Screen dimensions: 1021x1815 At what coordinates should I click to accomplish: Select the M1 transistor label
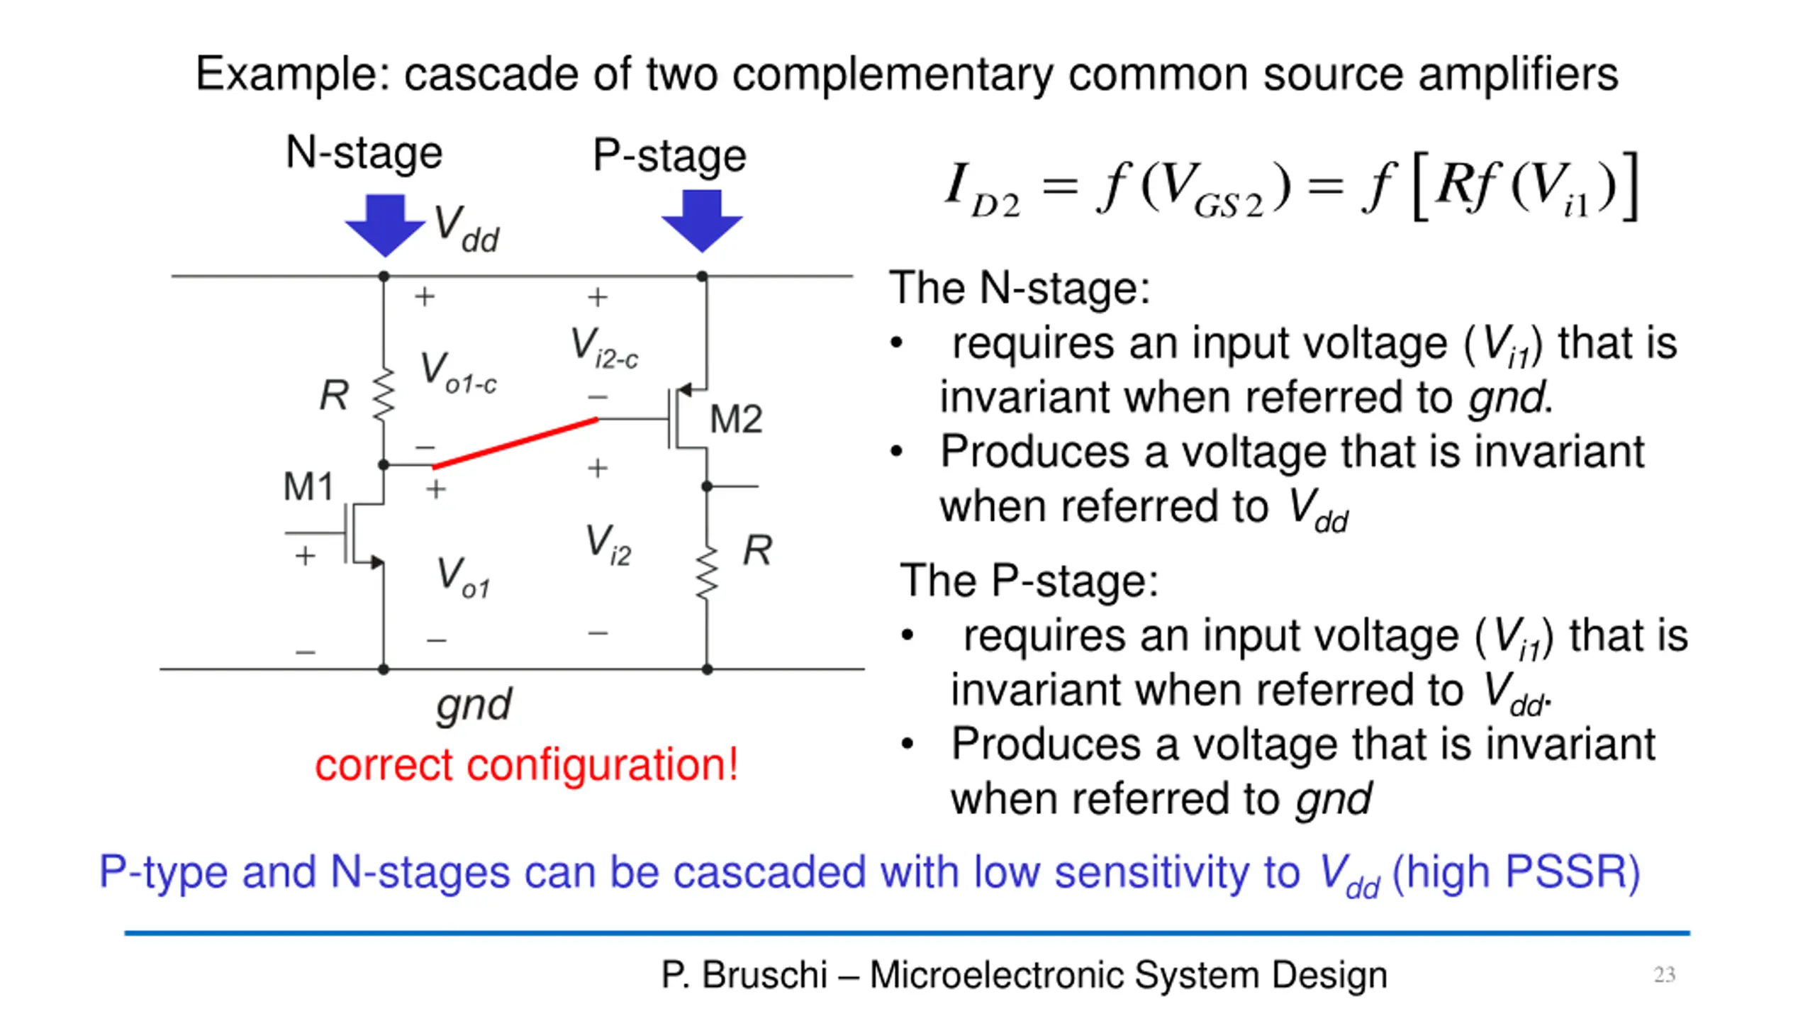tap(308, 487)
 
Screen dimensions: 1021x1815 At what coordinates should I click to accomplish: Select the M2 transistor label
tap(736, 419)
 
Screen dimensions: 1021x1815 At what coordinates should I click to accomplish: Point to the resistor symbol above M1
tap(384, 394)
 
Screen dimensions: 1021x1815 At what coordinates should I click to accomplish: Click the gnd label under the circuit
tap(474, 705)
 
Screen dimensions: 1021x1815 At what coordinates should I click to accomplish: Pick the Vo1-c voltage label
tap(458, 372)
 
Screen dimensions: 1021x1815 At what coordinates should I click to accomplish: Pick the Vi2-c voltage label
tap(604, 348)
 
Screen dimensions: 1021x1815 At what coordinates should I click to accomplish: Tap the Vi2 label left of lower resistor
tap(608, 545)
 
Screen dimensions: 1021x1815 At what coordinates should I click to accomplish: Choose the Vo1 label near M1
tap(463, 577)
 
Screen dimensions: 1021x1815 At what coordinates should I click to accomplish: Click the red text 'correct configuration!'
tap(526, 765)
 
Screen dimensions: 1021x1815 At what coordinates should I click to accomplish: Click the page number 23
tap(1664, 974)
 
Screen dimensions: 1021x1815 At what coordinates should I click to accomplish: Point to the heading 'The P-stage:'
tap(1029, 581)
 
